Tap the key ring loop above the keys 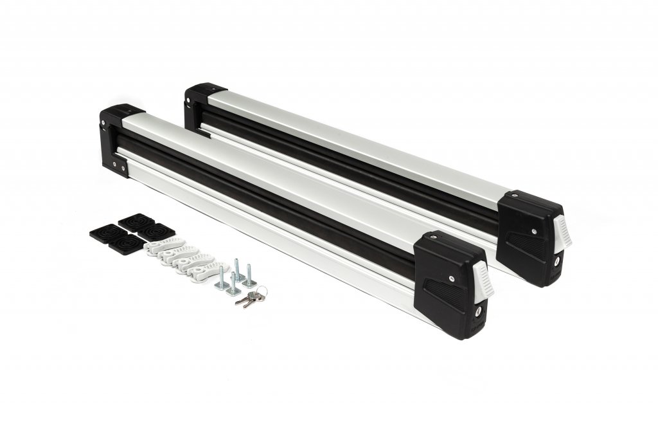(x=260, y=293)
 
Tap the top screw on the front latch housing (x=452, y=277)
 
